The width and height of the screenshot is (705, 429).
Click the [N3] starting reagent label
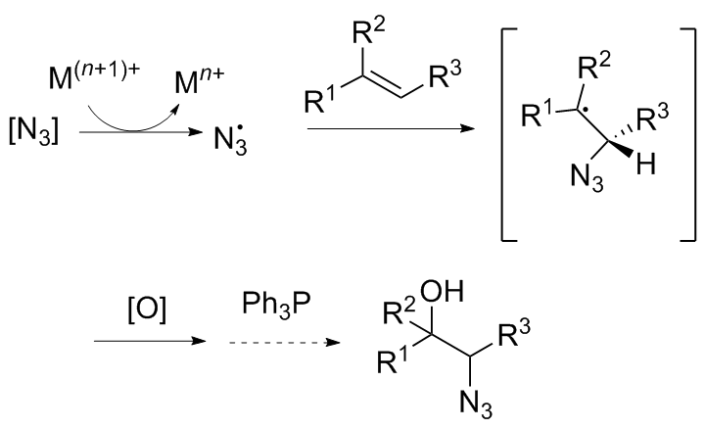point(33,132)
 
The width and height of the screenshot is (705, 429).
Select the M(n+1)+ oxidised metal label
point(94,75)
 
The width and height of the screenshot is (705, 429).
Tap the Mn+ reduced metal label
point(199,81)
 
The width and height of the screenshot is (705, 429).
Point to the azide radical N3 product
point(230,138)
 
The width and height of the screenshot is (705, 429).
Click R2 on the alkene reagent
point(369,31)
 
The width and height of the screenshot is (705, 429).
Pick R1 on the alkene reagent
point(319,101)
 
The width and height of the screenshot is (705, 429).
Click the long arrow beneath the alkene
point(391,129)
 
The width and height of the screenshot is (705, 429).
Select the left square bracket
point(508,134)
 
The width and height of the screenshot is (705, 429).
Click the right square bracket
point(689,134)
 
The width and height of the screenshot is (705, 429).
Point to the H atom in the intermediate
point(646,165)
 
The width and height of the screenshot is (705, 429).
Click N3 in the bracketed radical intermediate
point(587,178)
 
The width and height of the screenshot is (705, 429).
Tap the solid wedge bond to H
point(622,149)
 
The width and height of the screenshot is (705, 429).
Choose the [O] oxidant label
point(147,310)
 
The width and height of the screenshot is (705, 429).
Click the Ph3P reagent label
point(276,305)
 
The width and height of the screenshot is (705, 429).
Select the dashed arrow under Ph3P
point(285,343)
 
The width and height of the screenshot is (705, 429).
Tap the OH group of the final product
point(442,291)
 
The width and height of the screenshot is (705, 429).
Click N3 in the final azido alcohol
point(476,403)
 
